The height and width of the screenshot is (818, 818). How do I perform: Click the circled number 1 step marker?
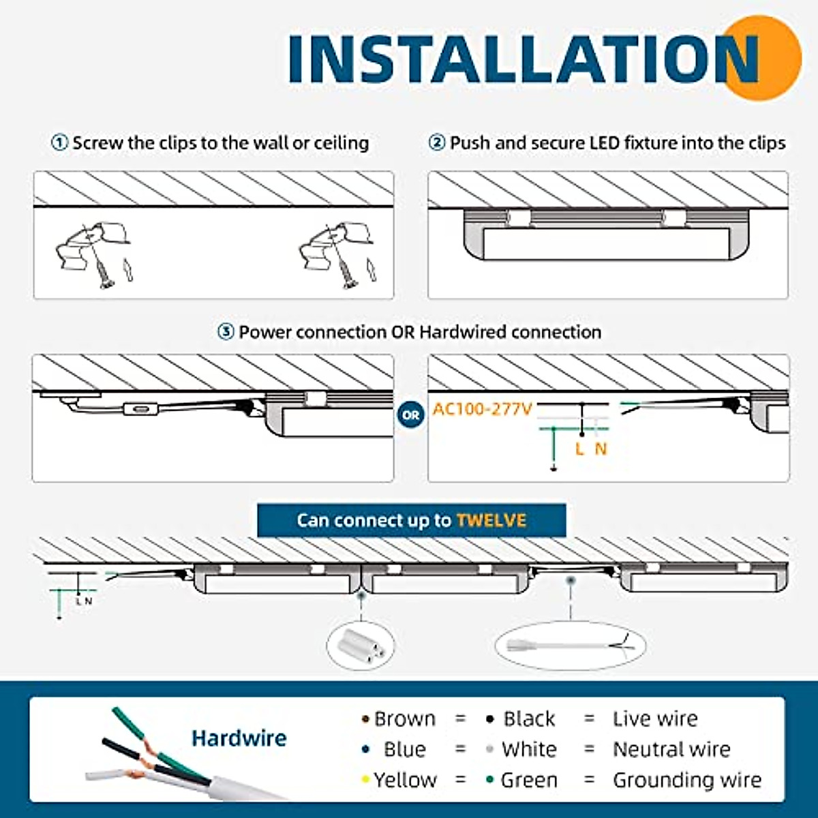pos(60,143)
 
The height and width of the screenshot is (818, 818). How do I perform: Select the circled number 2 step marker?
pos(437,143)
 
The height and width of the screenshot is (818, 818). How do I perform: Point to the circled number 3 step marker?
pos(226,332)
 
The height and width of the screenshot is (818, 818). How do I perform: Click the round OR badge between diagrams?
pos(410,414)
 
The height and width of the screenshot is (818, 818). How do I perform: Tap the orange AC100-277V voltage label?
pos(482,409)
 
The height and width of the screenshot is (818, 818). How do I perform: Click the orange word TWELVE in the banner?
pos(491,521)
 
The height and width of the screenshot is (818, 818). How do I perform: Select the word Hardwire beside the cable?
pos(239,738)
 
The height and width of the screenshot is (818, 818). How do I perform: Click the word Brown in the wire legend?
pos(404,719)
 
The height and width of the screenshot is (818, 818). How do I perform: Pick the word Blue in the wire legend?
pos(404,749)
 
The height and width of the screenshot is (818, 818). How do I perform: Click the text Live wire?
pos(654,719)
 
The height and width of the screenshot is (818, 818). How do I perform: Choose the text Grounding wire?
pos(686,780)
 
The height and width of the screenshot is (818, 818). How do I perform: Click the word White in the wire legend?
pos(529,749)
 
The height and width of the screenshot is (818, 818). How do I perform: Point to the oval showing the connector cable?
pos(570,645)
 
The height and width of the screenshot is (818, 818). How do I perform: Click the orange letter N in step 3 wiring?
pos(601,449)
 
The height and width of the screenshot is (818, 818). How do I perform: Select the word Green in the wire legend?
pos(529,780)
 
